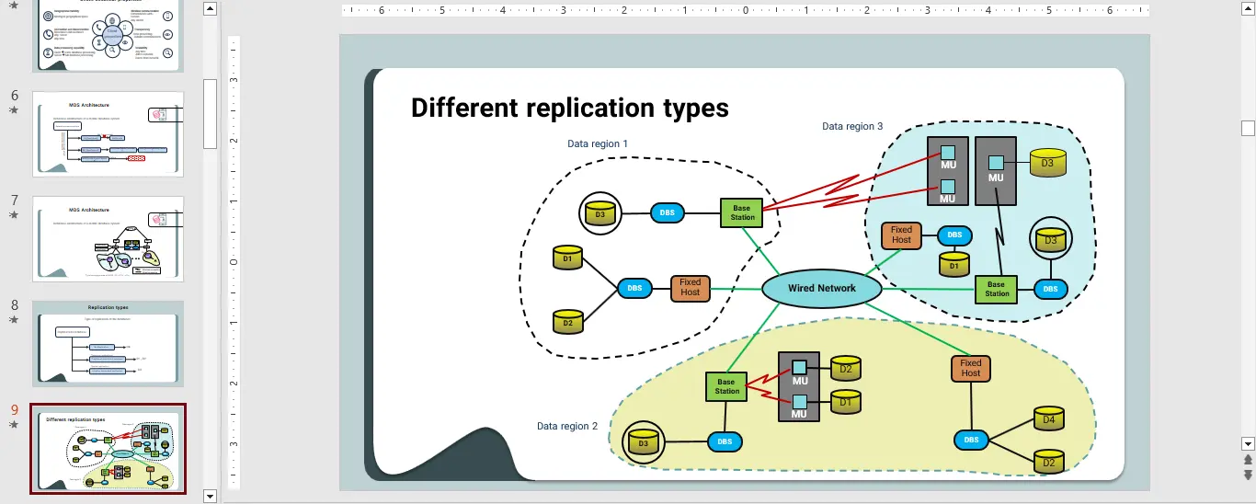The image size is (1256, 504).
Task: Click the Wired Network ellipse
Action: pyautogui.click(x=821, y=288)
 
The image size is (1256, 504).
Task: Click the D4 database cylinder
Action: pyautogui.click(x=1049, y=419)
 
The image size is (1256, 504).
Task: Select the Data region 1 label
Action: pyautogui.click(x=598, y=143)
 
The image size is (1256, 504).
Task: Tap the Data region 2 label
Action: pyautogui.click(x=567, y=426)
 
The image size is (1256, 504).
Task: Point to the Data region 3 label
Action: pyautogui.click(x=852, y=126)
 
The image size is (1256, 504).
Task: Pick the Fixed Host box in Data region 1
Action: pyautogui.click(x=691, y=288)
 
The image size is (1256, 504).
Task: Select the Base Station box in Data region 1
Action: pyautogui.click(x=742, y=212)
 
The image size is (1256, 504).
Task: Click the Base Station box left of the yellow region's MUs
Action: pyautogui.click(x=726, y=386)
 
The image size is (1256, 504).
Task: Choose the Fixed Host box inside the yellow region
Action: pyautogui.click(x=971, y=369)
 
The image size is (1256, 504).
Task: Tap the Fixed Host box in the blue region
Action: pyautogui.click(x=901, y=235)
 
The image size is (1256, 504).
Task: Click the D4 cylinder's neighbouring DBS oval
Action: pyautogui.click(x=971, y=440)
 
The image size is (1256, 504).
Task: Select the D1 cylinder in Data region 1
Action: pyautogui.click(x=567, y=258)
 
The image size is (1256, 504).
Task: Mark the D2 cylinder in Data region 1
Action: pyautogui.click(x=567, y=322)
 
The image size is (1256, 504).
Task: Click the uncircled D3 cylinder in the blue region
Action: pyautogui.click(x=1047, y=163)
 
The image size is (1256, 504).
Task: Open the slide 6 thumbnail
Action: pyautogui.click(x=108, y=133)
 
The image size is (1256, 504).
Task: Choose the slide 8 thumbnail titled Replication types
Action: pyautogui.click(x=108, y=343)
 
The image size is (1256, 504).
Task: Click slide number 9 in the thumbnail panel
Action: pyautogui.click(x=14, y=410)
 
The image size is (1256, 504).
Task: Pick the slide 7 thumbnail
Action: pyautogui.click(x=108, y=238)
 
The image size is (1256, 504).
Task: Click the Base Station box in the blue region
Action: pyautogui.click(x=997, y=289)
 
